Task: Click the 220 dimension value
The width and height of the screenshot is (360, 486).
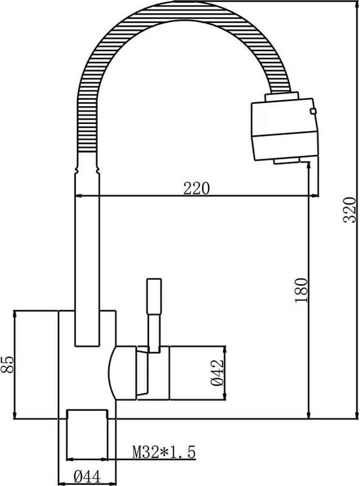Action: click(196, 188)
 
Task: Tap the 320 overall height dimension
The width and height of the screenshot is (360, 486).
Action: click(350, 210)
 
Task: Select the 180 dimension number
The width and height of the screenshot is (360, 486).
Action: click(302, 290)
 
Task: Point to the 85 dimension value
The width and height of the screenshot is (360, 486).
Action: click(7, 364)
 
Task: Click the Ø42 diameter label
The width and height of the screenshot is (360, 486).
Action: click(217, 372)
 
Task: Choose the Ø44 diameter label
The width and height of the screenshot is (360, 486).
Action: click(88, 477)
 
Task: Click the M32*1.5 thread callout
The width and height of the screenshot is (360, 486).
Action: click(164, 452)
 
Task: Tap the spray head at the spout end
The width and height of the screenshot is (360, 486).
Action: click(285, 127)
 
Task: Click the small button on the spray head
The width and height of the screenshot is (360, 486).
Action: click(313, 111)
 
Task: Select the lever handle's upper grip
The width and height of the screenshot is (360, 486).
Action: click(154, 296)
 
